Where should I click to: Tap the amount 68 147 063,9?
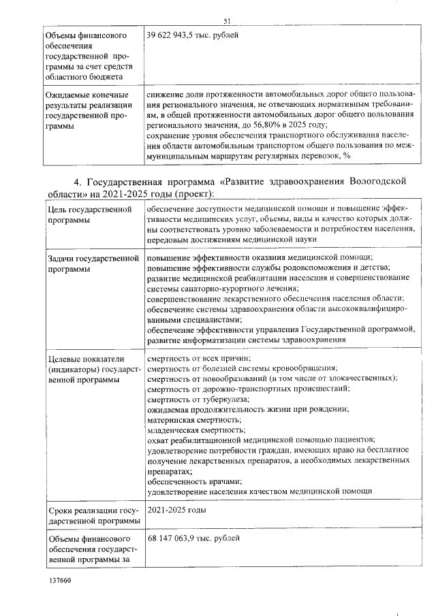coord(173,540)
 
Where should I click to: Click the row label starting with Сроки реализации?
coord(91,515)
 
